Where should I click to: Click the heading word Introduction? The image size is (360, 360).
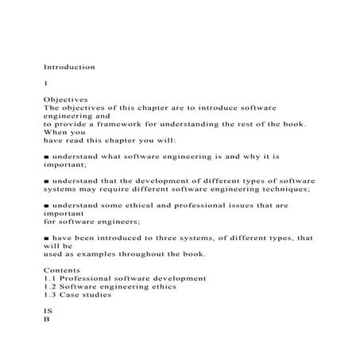point(69,68)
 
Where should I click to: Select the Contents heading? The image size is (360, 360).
point(63,270)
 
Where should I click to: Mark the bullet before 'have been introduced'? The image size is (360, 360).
point(46,238)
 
